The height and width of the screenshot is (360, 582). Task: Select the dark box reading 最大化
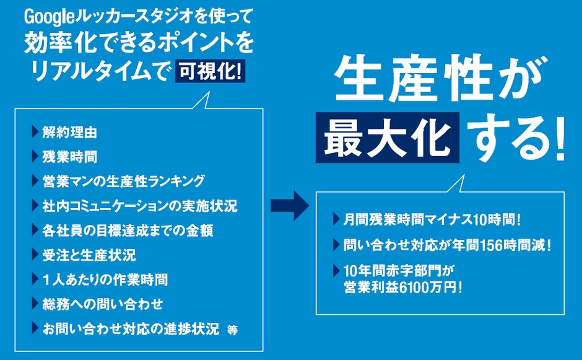click(x=388, y=137)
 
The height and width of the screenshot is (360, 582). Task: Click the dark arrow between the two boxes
click(x=289, y=204)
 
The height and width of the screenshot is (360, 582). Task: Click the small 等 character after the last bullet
click(x=232, y=330)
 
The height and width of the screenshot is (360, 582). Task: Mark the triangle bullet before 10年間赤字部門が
click(x=335, y=270)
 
